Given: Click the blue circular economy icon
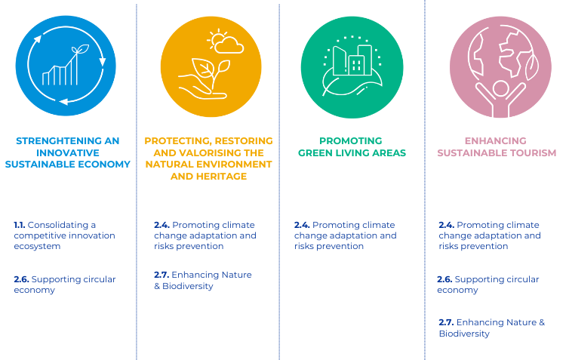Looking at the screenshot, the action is point(66,66).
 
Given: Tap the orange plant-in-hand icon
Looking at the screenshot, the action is point(211,66).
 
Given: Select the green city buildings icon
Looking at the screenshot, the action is point(352,67).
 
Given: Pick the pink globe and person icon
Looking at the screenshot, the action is point(500,67).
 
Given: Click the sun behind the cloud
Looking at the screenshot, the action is point(217,38).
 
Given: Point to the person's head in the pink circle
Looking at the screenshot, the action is point(501,89).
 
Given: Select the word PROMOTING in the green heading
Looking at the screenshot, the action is point(351,141).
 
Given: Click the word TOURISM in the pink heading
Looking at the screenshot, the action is point(533,152).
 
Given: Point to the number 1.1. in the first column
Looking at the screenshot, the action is point(19,225).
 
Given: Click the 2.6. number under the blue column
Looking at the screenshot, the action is point(21,279).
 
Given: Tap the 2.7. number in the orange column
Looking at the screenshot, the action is point(161,275).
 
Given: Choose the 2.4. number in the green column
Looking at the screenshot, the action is point(302,225).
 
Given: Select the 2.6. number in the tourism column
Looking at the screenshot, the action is point(444,279).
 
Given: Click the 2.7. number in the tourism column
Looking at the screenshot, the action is point(446,322).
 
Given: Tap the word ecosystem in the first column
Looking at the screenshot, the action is point(37,246).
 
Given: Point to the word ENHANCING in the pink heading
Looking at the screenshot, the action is point(495,141).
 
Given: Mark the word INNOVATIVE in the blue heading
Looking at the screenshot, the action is point(67,152).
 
